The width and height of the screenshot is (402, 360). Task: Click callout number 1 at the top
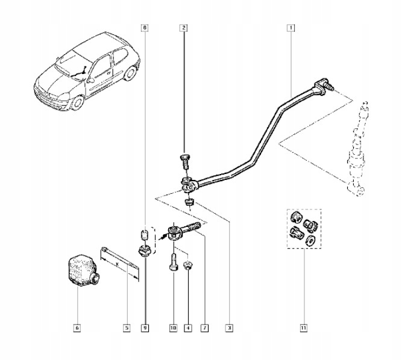coord(291,28)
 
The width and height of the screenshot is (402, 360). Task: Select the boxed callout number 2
coord(183,28)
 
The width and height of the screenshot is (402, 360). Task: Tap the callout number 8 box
coord(143,28)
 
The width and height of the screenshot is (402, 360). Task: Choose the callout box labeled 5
coord(127,328)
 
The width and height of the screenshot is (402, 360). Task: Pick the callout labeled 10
coord(172,328)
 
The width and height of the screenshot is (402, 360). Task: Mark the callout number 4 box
coord(188,328)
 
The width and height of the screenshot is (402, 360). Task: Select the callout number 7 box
coord(205,328)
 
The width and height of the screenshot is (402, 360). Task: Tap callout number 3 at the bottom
coord(229,328)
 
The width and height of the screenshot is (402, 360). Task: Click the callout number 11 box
coord(303,328)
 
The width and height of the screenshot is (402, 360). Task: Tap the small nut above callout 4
coord(189,265)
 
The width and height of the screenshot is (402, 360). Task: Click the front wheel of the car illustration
coord(76,102)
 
